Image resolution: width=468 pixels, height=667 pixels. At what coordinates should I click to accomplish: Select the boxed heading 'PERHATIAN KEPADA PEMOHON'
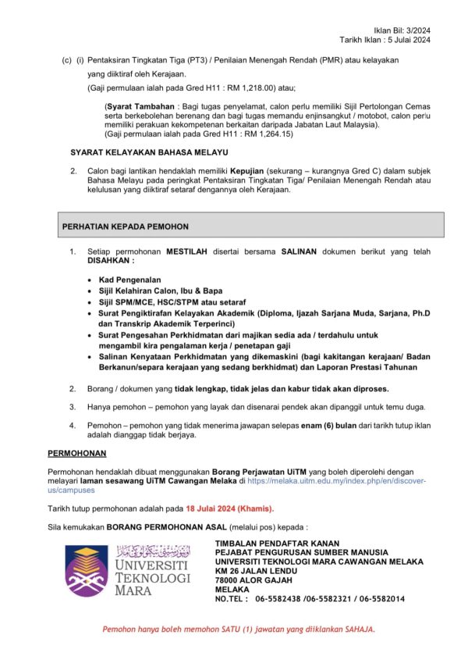point(126,226)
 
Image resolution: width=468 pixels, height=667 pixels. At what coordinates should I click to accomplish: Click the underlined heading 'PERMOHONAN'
point(77,453)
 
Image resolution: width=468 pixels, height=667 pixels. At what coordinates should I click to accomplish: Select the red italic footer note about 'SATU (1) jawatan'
point(239,630)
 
